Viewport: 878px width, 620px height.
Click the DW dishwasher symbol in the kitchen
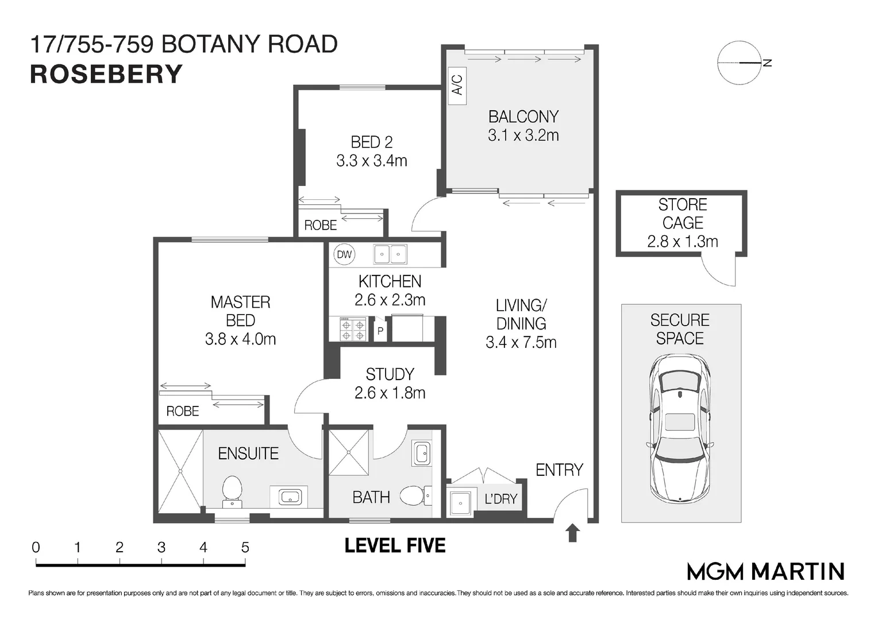coord(344,254)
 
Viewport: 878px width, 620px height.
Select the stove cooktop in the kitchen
coord(353,330)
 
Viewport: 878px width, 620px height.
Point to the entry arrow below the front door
coord(572,533)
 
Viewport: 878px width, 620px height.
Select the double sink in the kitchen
coord(390,254)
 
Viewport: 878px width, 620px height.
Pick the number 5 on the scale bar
coord(245,547)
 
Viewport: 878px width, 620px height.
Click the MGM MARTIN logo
coord(765,571)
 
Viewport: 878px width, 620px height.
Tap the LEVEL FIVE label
coord(395,545)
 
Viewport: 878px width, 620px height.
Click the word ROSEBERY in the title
coord(106,75)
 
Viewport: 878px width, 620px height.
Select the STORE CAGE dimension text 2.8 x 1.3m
coord(682,242)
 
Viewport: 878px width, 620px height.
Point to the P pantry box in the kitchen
coord(380,331)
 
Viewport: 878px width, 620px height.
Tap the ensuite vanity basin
coord(290,497)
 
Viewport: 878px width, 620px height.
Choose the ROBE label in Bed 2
coord(320,226)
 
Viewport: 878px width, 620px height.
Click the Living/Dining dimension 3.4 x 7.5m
coord(521,343)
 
